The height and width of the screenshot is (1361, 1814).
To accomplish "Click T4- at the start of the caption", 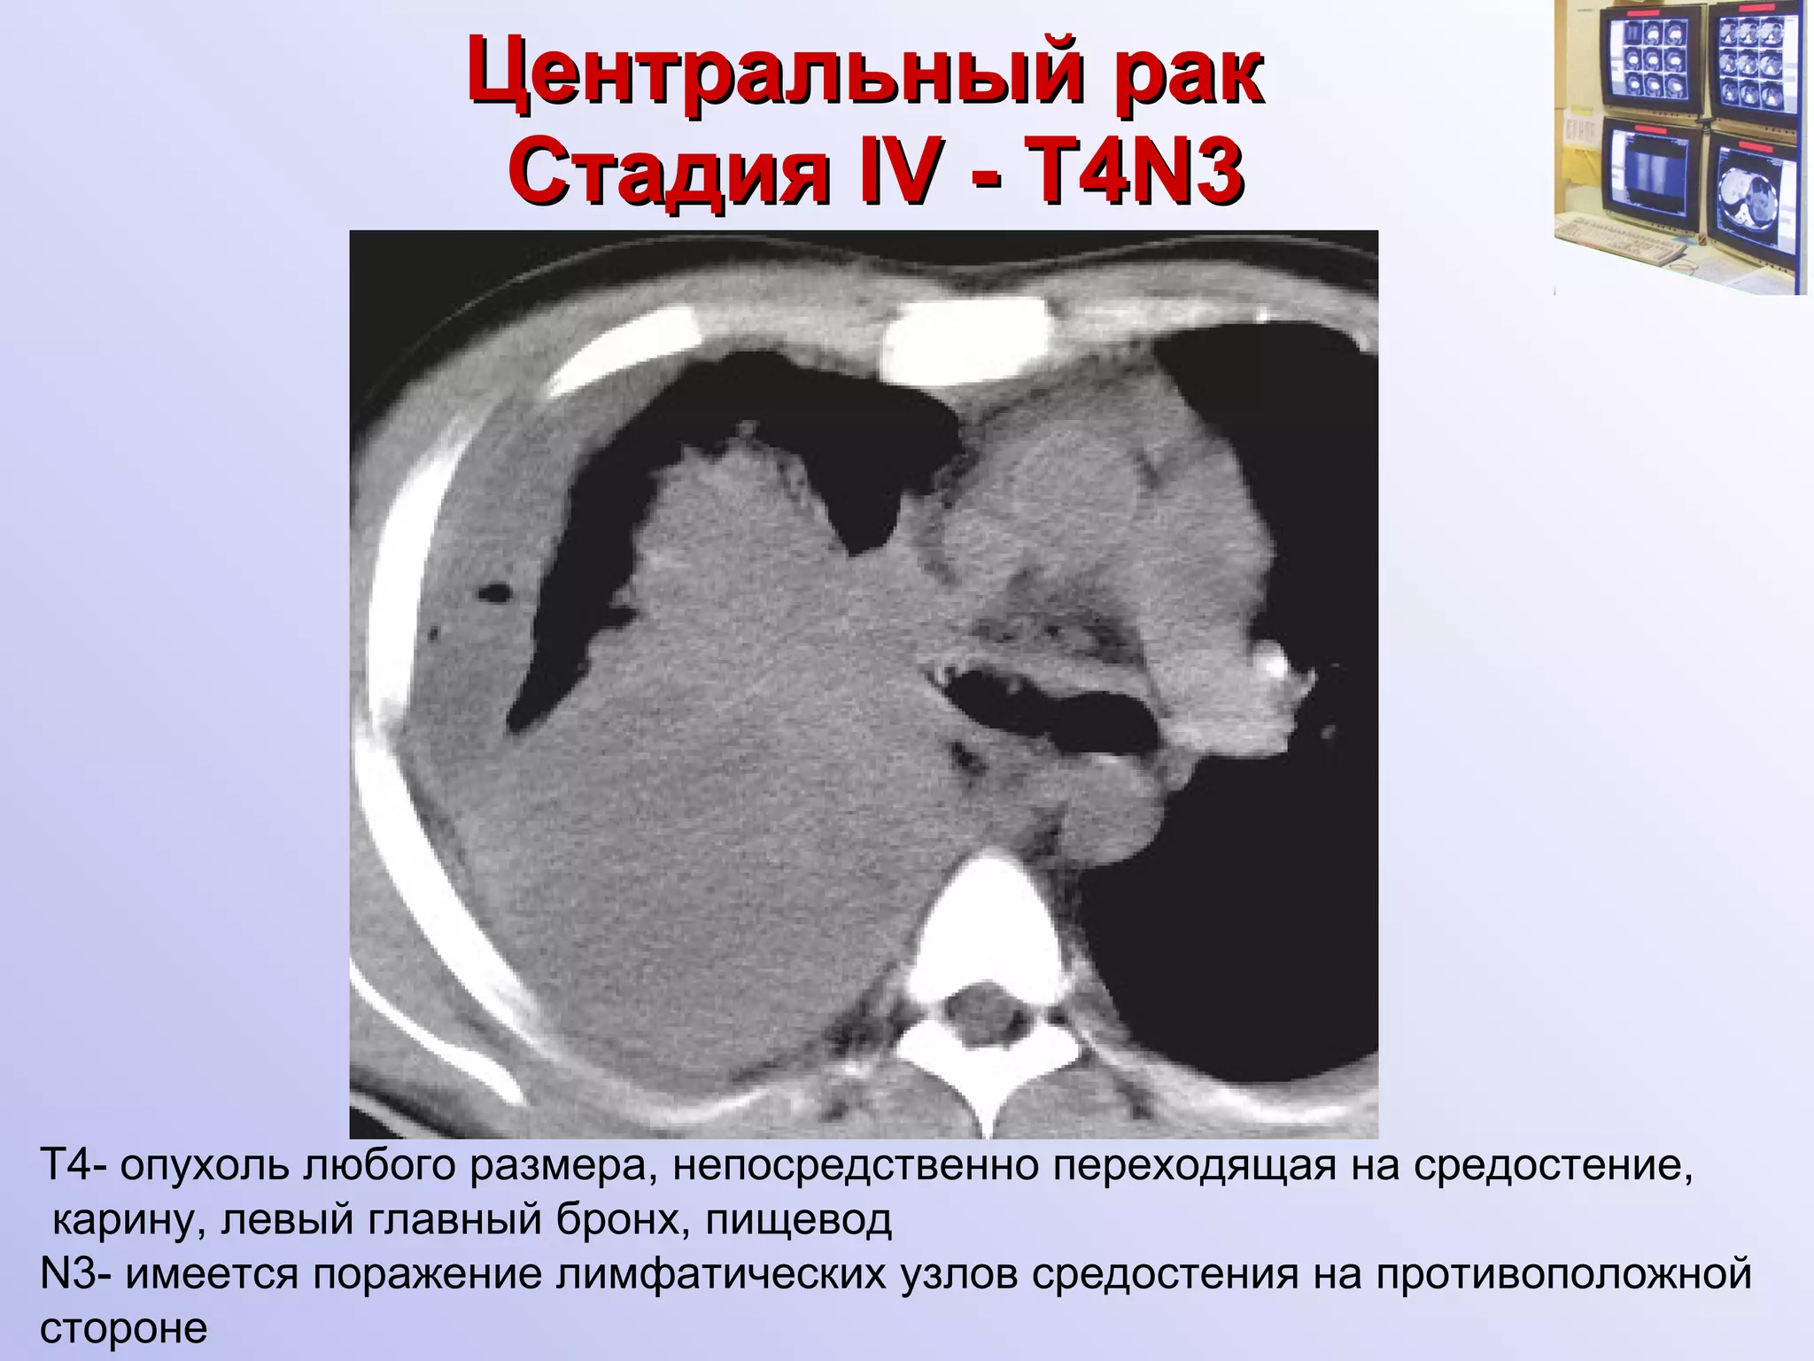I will point(74,1167).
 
